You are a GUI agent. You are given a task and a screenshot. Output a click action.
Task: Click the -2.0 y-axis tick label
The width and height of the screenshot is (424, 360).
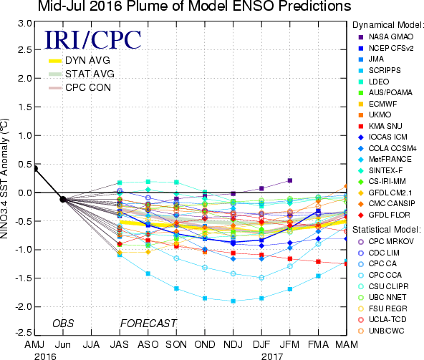(23, 307)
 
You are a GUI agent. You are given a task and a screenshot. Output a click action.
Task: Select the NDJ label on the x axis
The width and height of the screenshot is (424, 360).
(233, 344)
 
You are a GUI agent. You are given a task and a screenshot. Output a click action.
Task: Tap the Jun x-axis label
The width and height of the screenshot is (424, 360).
(63, 344)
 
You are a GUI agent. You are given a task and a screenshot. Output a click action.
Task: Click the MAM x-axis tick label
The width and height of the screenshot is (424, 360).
(347, 344)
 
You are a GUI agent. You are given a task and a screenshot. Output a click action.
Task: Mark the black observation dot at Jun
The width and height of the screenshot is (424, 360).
(63, 200)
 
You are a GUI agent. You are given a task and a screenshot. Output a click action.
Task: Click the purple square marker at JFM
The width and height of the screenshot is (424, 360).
(290, 180)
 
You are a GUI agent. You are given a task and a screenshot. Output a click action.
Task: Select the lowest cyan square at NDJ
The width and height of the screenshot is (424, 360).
(233, 301)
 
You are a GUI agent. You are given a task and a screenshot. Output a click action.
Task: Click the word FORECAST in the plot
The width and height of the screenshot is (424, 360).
(148, 323)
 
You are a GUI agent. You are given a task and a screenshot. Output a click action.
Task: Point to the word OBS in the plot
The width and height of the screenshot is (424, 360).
(63, 323)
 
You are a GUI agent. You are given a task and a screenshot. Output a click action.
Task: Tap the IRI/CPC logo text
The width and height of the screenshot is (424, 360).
(92, 40)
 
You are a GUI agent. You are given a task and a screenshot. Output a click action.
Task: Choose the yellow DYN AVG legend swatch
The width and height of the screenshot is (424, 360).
(55, 61)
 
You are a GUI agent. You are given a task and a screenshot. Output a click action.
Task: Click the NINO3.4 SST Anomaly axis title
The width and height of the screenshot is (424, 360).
(4, 178)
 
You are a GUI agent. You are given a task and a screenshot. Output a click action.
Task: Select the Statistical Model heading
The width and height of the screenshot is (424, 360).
(387, 230)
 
